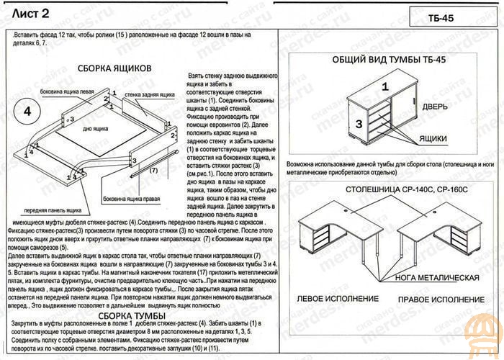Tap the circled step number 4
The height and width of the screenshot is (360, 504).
(x=27, y=112)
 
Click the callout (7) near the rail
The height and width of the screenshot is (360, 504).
(x=153, y=171)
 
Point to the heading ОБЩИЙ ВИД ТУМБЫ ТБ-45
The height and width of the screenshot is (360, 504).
(x=389, y=60)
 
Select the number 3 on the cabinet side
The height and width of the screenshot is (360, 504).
(x=358, y=125)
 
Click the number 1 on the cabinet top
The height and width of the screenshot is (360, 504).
(x=385, y=86)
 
